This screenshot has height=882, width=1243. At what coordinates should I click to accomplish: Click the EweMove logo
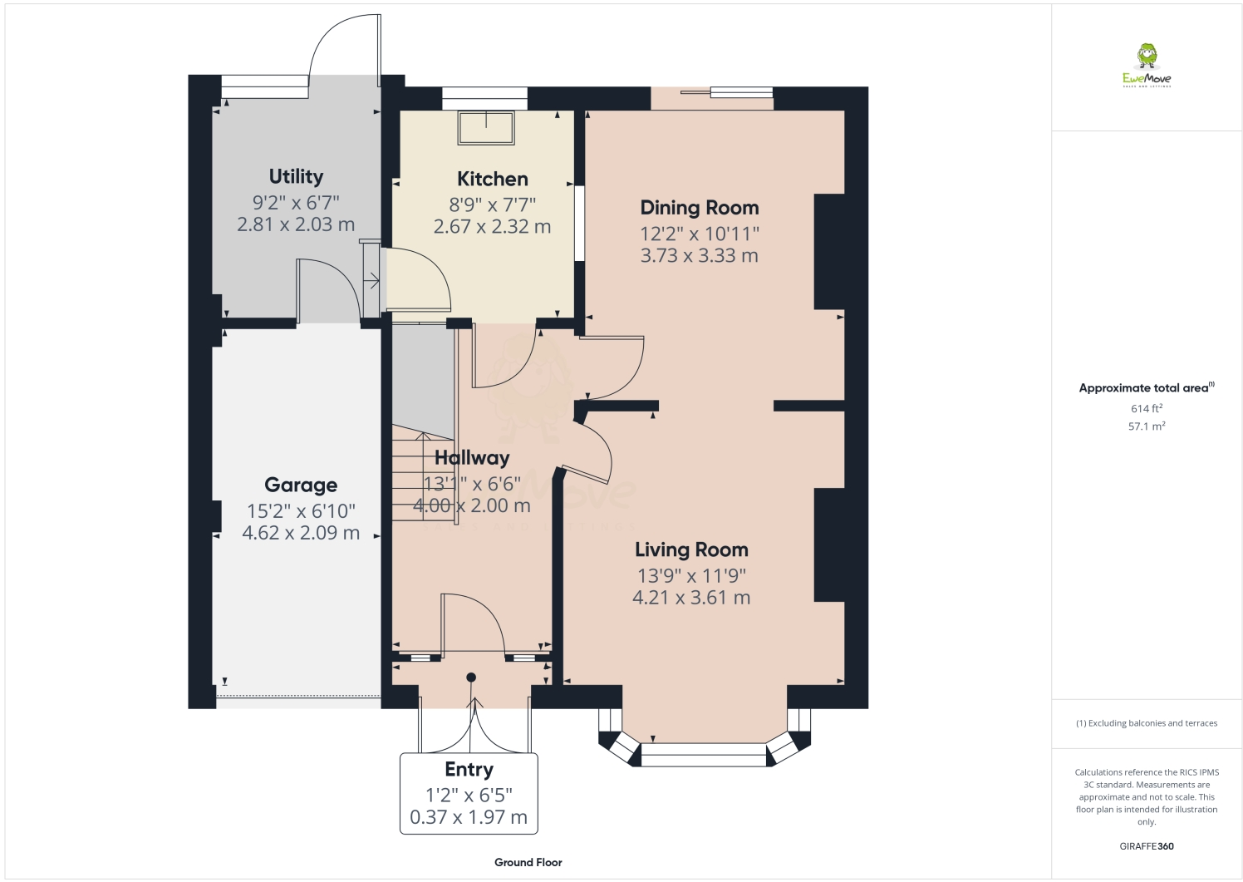coord(1147,66)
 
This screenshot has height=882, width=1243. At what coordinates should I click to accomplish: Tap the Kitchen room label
coord(492,179)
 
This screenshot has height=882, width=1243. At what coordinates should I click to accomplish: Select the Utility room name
coord(296,176)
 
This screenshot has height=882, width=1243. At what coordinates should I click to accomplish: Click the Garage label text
coord(301,485)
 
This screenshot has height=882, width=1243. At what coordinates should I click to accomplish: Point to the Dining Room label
coord(699,208)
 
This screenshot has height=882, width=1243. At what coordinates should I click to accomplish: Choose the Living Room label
coord(691,549)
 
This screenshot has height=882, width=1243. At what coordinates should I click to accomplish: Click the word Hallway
coord(472,457)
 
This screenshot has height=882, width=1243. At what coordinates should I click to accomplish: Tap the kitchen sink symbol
coord(486,126)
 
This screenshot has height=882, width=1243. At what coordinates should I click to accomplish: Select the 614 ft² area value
coord(1146,408)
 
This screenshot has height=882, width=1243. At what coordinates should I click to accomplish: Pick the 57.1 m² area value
coord(1146,426)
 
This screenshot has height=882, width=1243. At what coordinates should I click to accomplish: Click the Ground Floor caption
coord(528,862)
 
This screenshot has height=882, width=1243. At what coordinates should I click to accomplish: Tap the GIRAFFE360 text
coord(1147,846)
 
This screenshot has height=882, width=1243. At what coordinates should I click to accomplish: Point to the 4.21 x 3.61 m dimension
coord(691,597)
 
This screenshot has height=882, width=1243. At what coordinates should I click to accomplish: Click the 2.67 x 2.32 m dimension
coord(492,226)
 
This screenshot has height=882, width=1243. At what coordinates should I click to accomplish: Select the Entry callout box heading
coord(469,769)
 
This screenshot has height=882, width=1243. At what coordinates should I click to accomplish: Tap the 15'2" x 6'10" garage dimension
coord(301,510)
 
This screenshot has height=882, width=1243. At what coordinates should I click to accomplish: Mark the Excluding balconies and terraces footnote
coord(1147,723)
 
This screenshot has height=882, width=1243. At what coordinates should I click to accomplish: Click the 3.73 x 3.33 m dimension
coord(699,255)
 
